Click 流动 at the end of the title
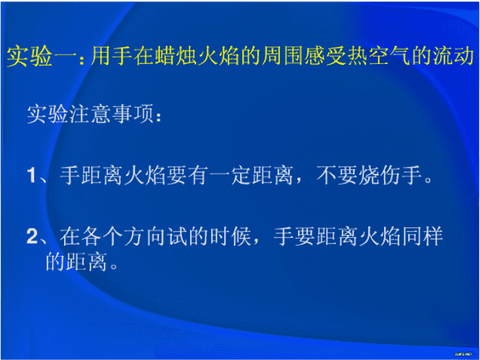(x=455, y=56)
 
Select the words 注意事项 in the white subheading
(x=112, y=115)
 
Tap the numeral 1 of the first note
(x=32, y=177)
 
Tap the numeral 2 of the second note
(x=32, y=236)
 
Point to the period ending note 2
(x=113, y=266)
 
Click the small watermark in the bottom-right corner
(x=463, y=353)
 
